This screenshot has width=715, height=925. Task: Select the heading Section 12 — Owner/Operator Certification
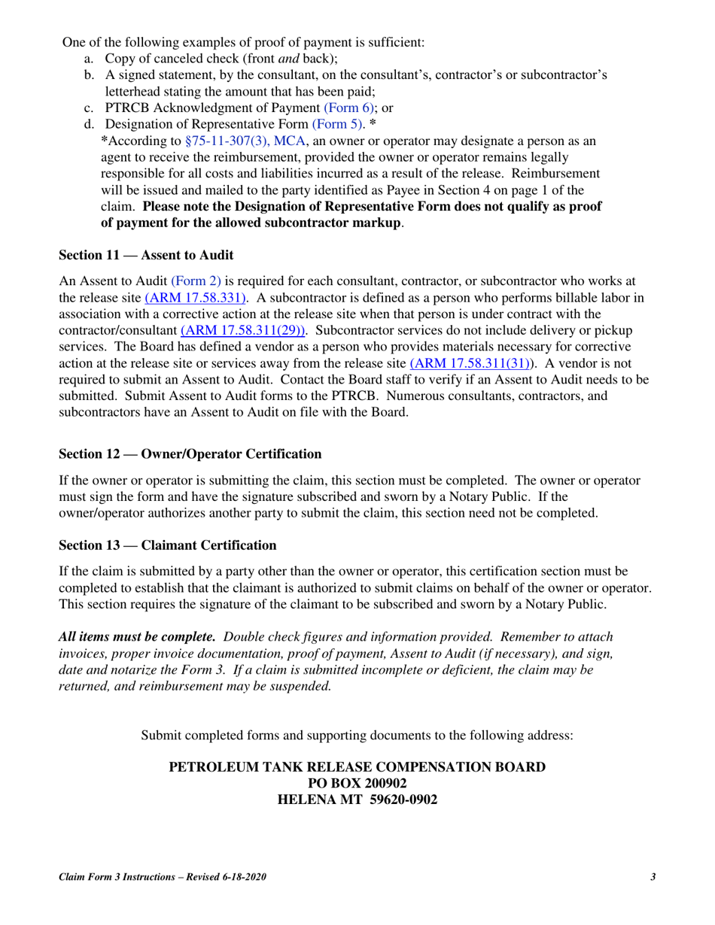[x=190, y=454]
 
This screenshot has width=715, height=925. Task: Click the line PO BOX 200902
[x=357, y=784]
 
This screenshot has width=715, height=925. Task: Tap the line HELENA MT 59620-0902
[x=357, y=799]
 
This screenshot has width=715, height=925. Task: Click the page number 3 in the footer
[x=653, y=877]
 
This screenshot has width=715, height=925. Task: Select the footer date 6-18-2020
[x=242, y=877]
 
